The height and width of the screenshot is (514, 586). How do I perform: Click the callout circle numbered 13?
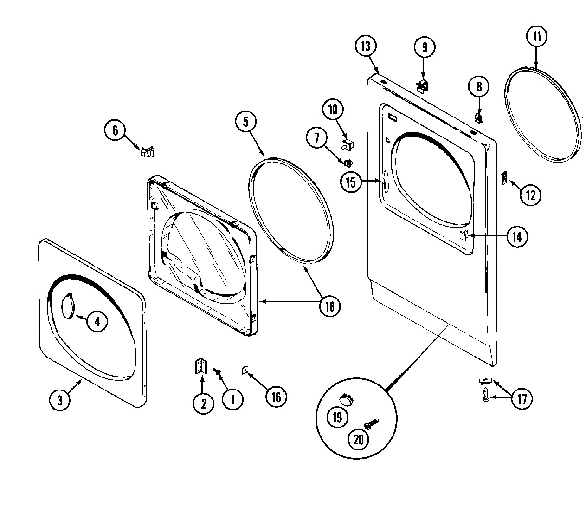click(x=366, y=46)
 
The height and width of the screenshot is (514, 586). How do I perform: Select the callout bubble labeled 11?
click(x=536, y=36)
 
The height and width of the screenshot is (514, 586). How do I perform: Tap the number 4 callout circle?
click(x=97, y=322)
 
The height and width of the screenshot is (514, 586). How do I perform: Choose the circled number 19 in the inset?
click(x=337, y=416)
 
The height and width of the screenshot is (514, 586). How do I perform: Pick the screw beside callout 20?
click(x=372, y=423)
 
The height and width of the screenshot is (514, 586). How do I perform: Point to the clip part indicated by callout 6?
click(x=148, y=151)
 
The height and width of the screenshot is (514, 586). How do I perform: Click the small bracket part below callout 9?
click(x=423, y=86)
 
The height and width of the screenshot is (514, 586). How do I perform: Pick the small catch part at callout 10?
click(x=347, y=144)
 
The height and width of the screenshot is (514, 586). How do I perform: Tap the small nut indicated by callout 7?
click(x=347, y=162)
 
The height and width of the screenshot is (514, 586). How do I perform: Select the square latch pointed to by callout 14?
click(x=462, y=235)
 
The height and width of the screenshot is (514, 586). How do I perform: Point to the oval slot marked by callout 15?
click(x=384, y=182)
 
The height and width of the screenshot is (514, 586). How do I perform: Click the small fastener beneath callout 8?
click(x=479, y=117)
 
